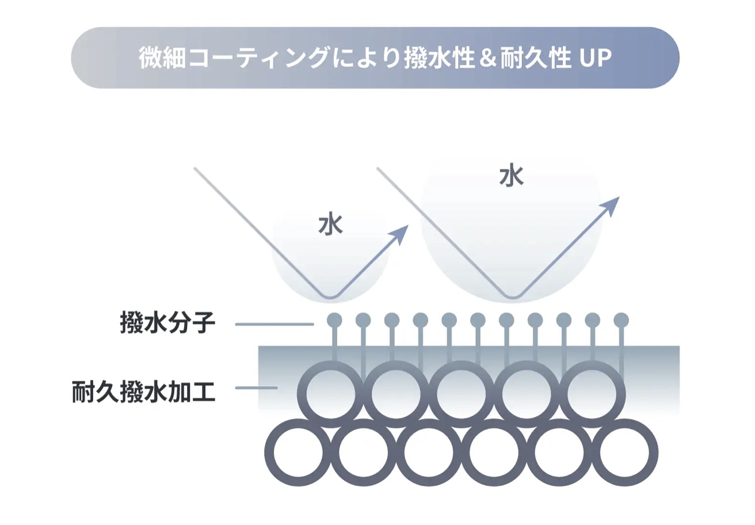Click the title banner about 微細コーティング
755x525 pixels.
click(375, 58)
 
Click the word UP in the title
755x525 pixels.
click(595, 58)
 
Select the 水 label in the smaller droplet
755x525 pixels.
click(331, 223)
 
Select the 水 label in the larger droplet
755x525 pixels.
click(512, 175)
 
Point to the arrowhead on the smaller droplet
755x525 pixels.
click(399, 235)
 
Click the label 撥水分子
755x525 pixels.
click(167, 323)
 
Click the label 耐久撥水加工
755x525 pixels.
click(144, 392)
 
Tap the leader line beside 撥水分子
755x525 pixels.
click(274, 324)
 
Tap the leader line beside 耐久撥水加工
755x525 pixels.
click(256, 388)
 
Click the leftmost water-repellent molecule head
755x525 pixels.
click(334, 319)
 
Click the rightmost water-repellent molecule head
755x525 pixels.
click(621, 319)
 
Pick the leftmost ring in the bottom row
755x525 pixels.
click(270, 452)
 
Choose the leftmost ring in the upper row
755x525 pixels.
click(302, 394)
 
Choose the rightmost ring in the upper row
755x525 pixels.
click(621, 394)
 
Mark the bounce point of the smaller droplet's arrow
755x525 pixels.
click(330, 298)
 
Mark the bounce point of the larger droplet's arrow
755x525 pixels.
click(513, 298)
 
